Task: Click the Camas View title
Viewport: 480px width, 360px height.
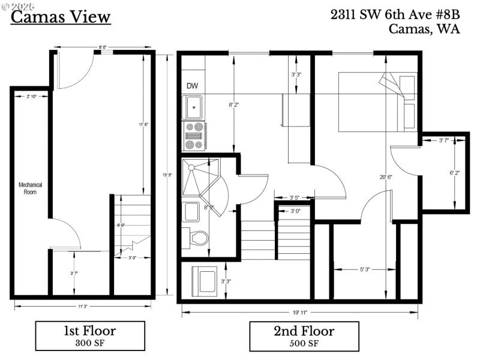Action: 61,16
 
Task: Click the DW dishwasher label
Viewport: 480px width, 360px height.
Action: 192,86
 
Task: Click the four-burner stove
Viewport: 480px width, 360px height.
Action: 194,136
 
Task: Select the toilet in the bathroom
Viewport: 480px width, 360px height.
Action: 198,238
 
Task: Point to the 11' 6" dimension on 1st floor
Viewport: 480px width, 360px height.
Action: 142,124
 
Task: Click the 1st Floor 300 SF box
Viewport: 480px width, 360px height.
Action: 90,336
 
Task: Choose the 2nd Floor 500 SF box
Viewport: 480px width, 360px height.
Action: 304,336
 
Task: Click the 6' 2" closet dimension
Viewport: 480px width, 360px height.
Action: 454,172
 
